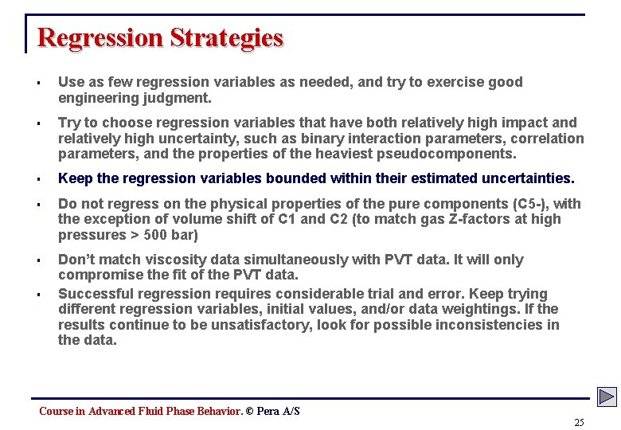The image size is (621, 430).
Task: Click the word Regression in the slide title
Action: tap(100, 37)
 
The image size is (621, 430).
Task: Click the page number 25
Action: tap(579, 422)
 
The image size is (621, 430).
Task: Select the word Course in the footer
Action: tap(56, 411)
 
